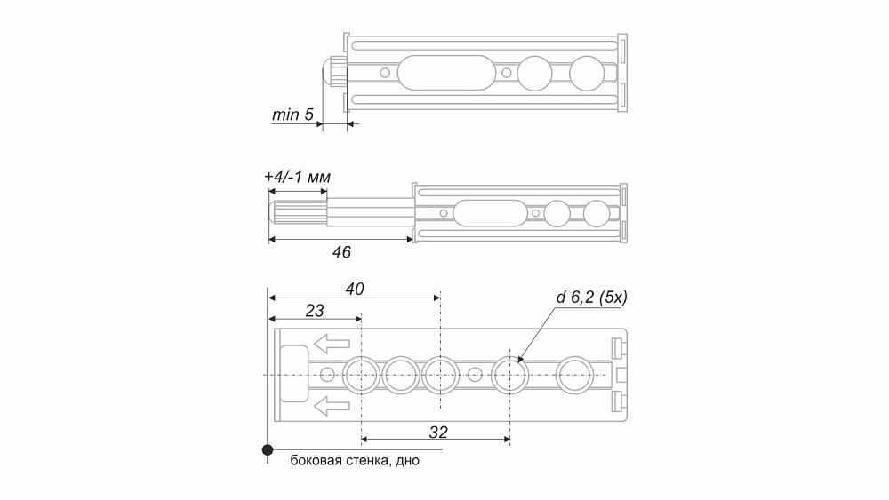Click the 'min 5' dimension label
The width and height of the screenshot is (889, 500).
point(292,115)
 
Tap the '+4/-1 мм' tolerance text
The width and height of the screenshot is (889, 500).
point(297,177)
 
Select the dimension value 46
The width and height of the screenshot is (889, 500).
point(341,252)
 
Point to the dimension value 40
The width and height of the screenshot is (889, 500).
point(355,289)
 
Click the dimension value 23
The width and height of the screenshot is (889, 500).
point(315,310)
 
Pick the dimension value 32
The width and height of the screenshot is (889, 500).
point(438,432)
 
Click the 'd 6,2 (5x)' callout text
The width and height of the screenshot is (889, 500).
point(591,298)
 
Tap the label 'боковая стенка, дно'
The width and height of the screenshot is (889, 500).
point(355,460)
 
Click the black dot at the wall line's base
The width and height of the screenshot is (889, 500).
point(268,450)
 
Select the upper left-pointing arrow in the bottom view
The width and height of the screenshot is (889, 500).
point(332,344)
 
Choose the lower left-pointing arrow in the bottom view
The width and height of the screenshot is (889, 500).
point(332,406)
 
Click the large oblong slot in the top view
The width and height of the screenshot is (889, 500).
point(446,73)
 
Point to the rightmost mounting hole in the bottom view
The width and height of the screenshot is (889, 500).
point(575,375)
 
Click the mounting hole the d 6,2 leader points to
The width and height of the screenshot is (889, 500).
point(509,375)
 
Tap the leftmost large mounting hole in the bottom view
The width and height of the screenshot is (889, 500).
point(361,375)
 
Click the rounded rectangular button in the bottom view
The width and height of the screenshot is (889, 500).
point(294,374)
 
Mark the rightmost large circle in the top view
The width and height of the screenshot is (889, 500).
point(587,73)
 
